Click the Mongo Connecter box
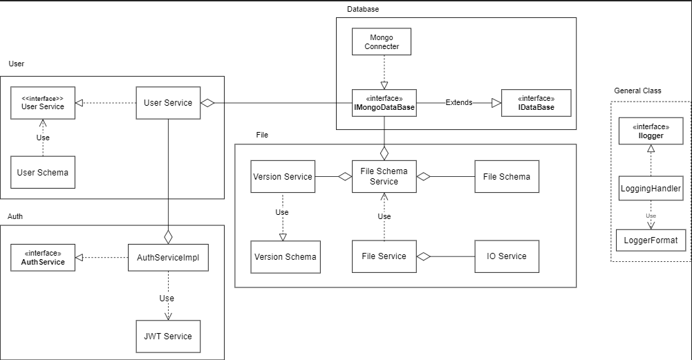click(x=381, y=41)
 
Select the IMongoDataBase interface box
click(x=384, y=102)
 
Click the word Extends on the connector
click(x=459, y=102)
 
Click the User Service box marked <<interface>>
click(x=43, y=103)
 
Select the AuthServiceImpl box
click(x=168, y=257)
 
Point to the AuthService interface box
click(x=43, y=257)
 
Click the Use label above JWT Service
click(x=167, y=299)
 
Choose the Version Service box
click(x=283, y=176)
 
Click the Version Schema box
click(x=286, y=256)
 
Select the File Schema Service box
click(x=384, y=176)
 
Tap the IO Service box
click(x=507, y=256)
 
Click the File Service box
click(x=384, y=256)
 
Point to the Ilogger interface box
click(x=651, y=131)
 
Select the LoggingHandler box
click(x=651, y=188)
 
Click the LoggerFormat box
click(x=651, y=240)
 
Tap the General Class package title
click(x=637, y=91)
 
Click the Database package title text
click(x=363, y=9)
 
